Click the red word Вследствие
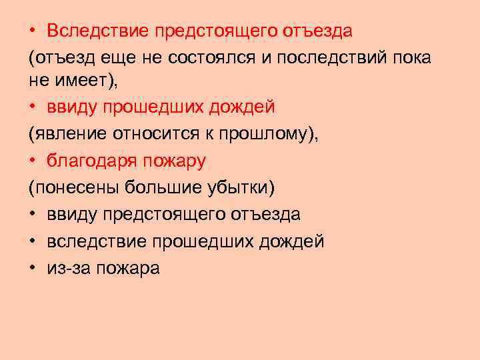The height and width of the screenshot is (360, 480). [x=97, y=31]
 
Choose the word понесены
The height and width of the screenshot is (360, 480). [x=74, y=187]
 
